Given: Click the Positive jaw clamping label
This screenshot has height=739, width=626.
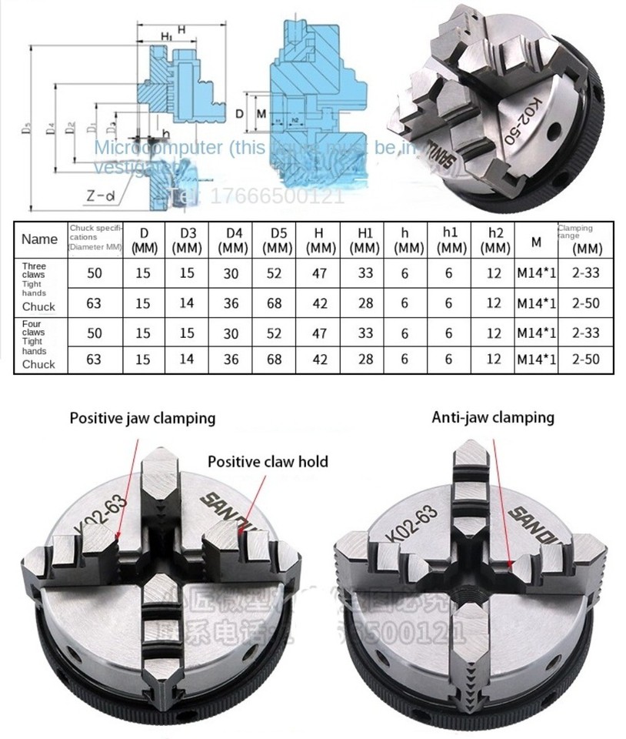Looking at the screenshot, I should point(142,419).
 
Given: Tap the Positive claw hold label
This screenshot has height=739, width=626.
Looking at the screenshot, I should point(268,462).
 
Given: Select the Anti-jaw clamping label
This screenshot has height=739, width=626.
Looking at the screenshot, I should point(493,417).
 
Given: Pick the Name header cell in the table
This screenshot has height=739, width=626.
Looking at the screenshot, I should point(39,239).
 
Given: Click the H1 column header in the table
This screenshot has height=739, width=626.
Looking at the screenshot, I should point(365,239).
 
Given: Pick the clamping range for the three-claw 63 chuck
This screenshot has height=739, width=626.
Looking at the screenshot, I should point(588,303).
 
